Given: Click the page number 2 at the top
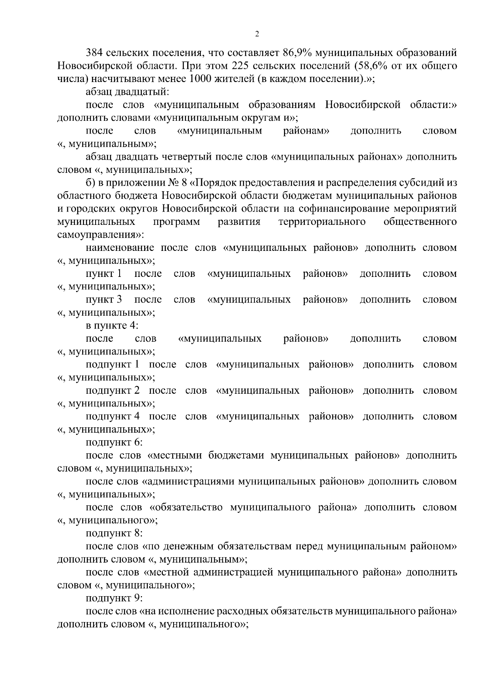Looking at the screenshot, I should pyautogui.click(x=256, y=34).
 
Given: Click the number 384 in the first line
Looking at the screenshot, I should pyautogui.click(x=94, y=53).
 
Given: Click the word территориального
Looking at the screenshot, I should pyautogui.click(x=322, y=222).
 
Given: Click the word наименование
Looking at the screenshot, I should pyautogui.click(x=120, y=248).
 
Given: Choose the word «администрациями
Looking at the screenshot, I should pyautogui.click(x=188, y=481).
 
